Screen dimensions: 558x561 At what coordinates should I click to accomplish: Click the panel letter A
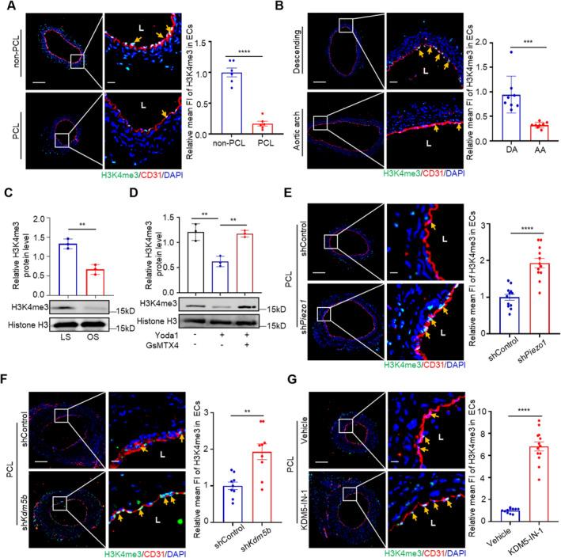point(6,7)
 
